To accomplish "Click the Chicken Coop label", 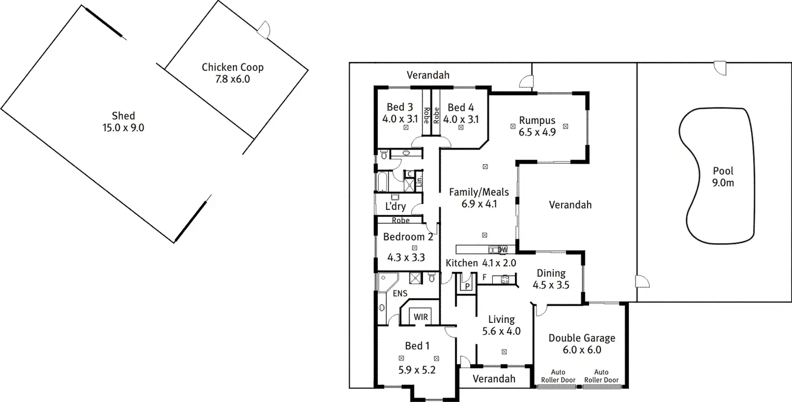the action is click(x=232, y=68).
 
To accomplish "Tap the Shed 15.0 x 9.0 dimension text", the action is click(x=124, y=128).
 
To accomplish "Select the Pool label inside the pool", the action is click(x=723, y=171).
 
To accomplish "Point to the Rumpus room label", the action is click(x=537, y=120).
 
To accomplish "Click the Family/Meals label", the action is click(x=479, y=192).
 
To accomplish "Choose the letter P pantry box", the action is click(x=467, y=286).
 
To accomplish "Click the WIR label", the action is click(x=421, y=317).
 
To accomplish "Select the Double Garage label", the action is click(x=582, y=338).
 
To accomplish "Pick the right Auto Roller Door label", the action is click(x=601, y=376).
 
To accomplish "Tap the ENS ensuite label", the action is click(x=400, y=293).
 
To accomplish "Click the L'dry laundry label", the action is click(x=395, y=207).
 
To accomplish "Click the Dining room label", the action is click(x=551, y=273).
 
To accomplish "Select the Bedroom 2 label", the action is click(x=408, y=236).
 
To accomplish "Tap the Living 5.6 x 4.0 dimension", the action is click(x=501, y=332).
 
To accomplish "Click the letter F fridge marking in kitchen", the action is click(x=484, y=278).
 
